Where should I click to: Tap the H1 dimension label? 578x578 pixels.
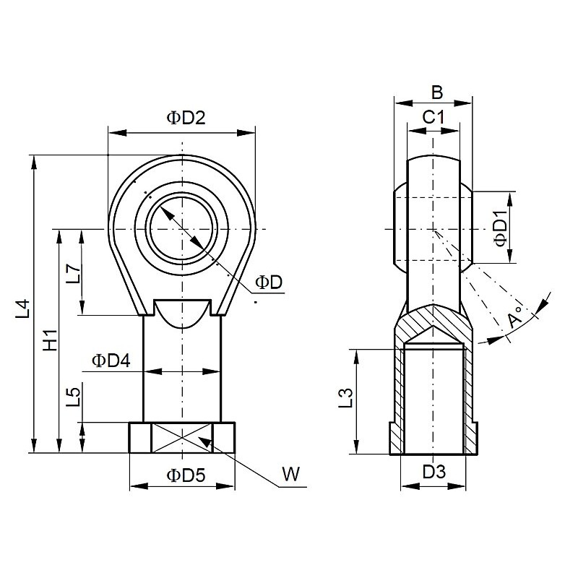click(49, 340)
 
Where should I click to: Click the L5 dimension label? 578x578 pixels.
click(73, 397)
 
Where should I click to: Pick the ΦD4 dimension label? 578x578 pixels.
click(111, 360)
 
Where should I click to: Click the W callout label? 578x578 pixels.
click(290, 474)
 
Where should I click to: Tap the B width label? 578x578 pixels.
click(436, 92)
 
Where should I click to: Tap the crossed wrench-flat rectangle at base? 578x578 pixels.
click(182, 437)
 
